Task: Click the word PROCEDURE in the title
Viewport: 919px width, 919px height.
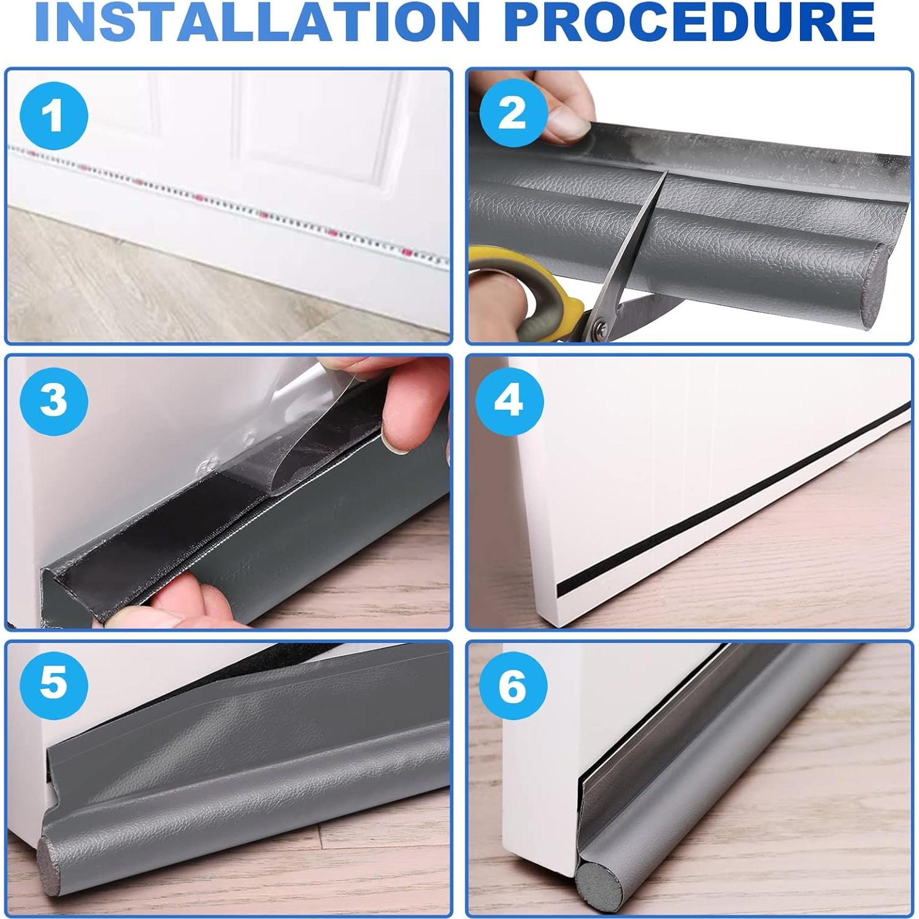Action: pyautogui.click(x=691, y=21)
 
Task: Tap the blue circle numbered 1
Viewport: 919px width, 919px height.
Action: pyautogui.click(x=54, y=116)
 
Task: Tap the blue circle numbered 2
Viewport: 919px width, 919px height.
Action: pyautogui.click(x=512, y=113)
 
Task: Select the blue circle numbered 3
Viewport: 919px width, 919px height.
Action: pyautogui.click(x=54, y=401)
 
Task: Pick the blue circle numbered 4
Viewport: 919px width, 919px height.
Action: pyautogui.click(x=510, y=401)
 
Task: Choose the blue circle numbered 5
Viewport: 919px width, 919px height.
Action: pyautogui.click(x=54, y=682)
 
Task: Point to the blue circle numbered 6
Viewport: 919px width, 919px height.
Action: pyautogui.click(x=512, y=685)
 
